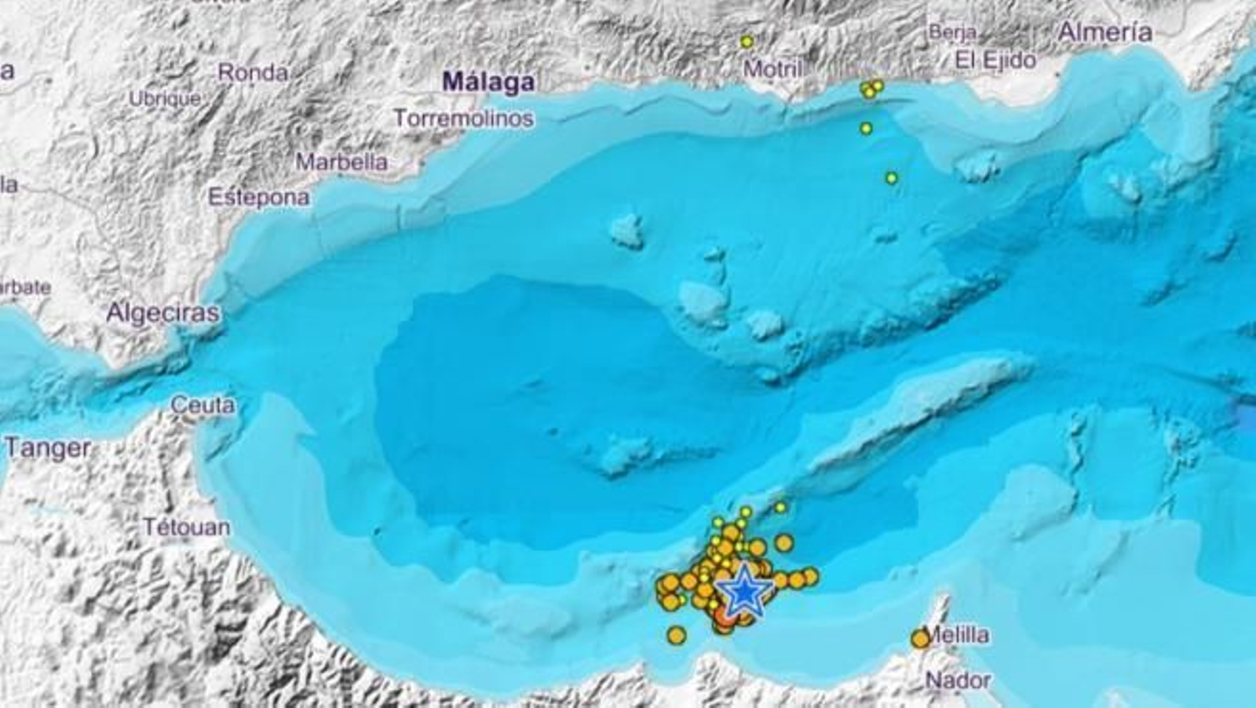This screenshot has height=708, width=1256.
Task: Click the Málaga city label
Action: click(488, 82)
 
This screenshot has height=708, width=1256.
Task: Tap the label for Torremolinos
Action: click(463, 119)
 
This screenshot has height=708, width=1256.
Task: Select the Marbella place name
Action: click(341, 162)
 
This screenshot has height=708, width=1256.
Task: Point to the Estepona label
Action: click(258, 197)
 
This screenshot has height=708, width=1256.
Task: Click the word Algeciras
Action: click(162, 313)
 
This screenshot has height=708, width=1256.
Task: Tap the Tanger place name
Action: click(48, 448)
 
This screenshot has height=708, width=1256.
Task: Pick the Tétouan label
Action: click(186, 527)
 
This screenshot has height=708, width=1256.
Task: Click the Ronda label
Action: click(253, 73)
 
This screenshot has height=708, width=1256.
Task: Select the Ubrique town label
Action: click(164, 100)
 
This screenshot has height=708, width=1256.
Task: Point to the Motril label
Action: click(773, 69)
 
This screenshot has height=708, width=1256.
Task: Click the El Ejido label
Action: click(995, 60)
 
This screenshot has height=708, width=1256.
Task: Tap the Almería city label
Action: click(1105, 32)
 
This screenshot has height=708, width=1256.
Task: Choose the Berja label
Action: click(952, 33)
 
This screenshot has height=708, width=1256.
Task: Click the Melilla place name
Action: click(958, 634)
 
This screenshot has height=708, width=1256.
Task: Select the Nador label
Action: click(958, 680)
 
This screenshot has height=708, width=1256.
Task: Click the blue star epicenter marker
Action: click(742, 593)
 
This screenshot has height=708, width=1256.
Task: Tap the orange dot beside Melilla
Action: click(920, 640)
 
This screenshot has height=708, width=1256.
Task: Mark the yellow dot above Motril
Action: click(747, 42)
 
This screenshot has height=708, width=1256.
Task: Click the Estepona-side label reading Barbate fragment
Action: click(25, 287)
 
